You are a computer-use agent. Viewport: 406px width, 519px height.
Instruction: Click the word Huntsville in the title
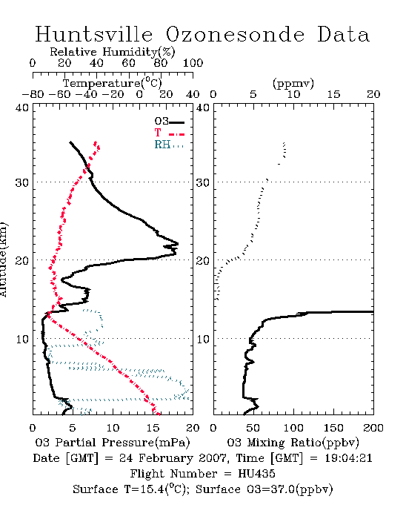[94, 34]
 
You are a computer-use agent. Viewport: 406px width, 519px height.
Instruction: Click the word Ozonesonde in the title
[234, 35]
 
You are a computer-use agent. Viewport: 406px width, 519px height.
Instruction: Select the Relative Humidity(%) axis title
[112, 52]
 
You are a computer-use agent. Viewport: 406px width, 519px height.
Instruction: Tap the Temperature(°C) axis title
[113, 83]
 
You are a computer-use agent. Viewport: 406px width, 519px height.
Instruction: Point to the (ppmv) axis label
[293, 83]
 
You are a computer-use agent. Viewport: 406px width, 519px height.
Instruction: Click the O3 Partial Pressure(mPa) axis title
[113, 443]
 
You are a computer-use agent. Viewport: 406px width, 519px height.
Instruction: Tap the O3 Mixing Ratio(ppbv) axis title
[293, 443]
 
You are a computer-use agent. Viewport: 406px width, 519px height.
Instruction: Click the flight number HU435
[256, 474]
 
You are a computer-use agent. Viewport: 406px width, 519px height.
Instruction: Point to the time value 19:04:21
[348, 458]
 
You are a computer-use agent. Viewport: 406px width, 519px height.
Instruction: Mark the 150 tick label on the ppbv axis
[333, 428]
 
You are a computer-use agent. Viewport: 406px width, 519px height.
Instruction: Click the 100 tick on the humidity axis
[193, 63]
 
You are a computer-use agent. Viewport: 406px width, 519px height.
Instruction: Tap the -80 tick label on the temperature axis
[33, 95]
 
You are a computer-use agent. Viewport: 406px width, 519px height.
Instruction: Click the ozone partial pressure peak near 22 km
[178, 244]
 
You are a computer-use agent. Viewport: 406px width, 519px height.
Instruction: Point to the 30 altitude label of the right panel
[202, 182]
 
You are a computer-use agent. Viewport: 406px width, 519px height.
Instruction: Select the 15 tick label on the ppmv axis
[333, 95]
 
